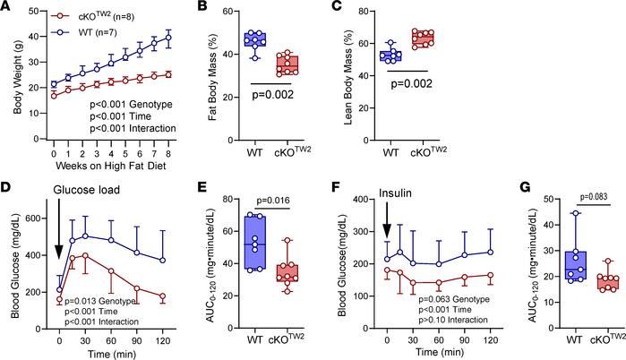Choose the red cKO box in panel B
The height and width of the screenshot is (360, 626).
(x=312, y=64)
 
